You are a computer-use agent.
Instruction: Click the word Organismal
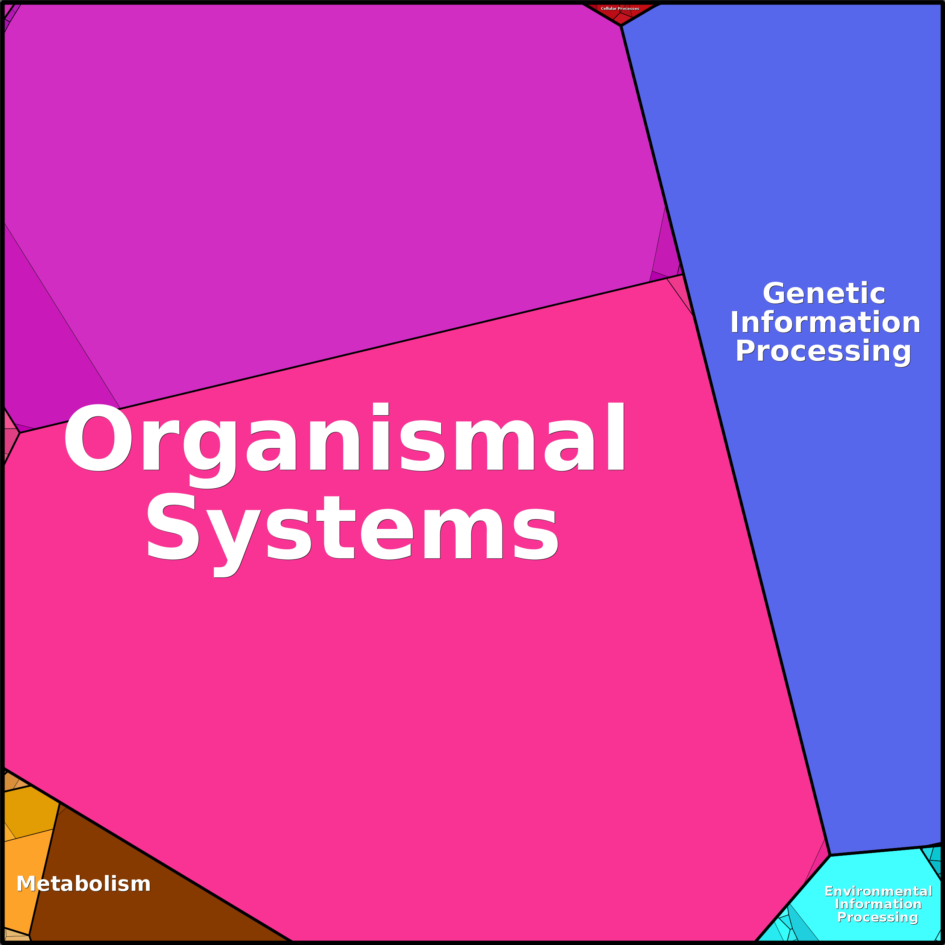344,439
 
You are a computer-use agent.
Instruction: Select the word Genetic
824,293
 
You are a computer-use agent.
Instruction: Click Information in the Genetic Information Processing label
825,323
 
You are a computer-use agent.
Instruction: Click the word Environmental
878,891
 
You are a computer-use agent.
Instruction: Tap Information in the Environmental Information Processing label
878,904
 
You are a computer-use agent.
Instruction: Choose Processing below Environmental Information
878,917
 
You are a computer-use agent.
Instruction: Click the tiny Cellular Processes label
620,8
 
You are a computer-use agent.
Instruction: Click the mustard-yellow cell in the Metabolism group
29,812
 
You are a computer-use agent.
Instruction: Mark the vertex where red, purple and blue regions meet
621,26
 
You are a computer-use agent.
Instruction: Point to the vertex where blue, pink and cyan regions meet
830,855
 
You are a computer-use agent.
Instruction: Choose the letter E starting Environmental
829,891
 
